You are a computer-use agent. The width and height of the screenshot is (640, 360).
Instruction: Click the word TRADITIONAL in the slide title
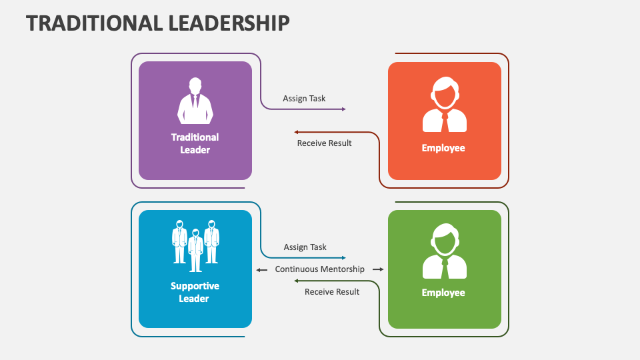tap(94, 23)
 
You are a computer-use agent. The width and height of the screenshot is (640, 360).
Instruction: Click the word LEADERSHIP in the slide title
tap(229, 23)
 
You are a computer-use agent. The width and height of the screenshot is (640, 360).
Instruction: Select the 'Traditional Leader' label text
tap(195, 143)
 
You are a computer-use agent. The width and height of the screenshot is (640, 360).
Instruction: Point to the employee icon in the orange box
tap(444, 105)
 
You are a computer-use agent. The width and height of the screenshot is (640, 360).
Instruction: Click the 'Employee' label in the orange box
tap(443, 148)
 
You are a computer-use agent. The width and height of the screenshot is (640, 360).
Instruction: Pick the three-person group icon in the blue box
tap(195, 245)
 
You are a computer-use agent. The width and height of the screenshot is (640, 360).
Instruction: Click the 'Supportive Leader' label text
tap(195, 292)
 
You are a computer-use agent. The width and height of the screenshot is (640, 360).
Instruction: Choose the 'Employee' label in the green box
tap(443, 293)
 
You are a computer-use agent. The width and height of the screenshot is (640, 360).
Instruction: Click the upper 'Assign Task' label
tap(304, 98)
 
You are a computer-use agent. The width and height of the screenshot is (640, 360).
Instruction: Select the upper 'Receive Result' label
tap(324, 143)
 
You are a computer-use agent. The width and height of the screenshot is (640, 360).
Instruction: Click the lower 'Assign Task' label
tap(305, 247)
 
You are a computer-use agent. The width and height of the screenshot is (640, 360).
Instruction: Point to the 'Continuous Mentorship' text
tap(320, 269)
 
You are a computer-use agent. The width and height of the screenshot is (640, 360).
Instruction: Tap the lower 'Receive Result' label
tap(332, 291)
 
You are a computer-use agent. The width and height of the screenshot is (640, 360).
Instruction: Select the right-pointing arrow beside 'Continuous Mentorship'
tap(378, 269)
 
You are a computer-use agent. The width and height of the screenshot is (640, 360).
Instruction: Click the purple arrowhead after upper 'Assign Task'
tap(343, 109)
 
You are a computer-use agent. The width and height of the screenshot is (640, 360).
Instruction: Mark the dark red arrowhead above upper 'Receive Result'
tap(297, 132)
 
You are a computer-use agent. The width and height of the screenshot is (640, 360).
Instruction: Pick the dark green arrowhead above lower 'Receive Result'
tap(297, 281)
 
